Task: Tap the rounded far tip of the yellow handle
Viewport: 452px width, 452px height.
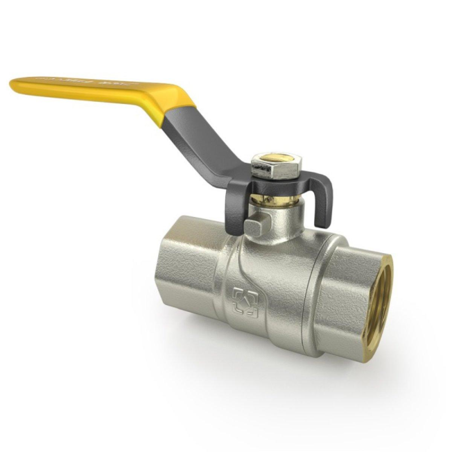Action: point(14,84)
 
